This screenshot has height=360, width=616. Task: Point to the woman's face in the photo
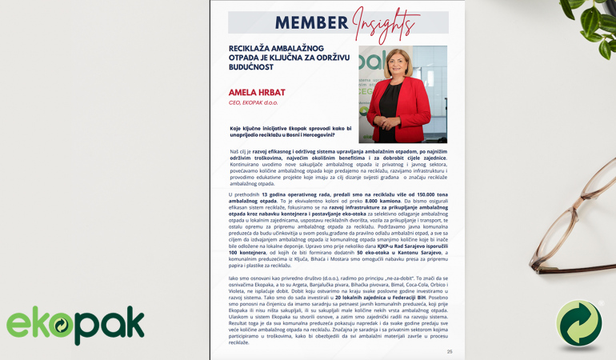pyautogui.click(x=399, y=65)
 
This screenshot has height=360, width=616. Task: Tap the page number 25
pyautogui.click(x=450, y=351)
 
